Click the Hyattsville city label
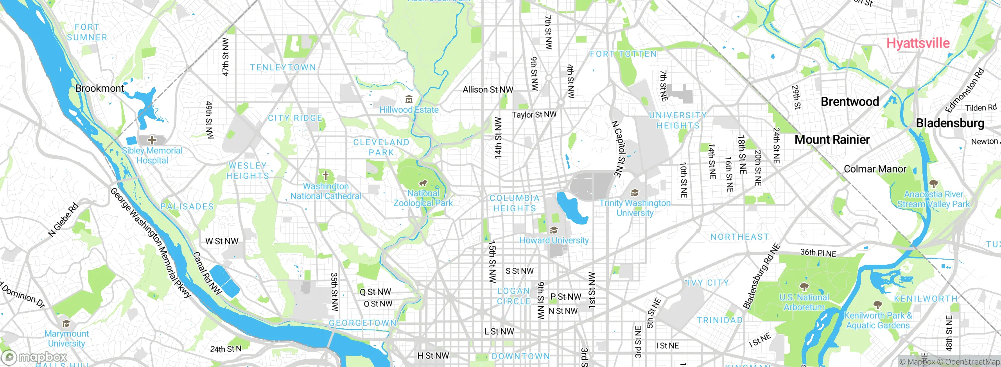tap(918, 43)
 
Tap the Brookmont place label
tap(99, 88)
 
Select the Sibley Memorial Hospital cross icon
tap(152, 140)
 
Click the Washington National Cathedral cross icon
tap(325, 175)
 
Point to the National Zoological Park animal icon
tap(423, 183)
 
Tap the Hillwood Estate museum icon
tap(409, 99)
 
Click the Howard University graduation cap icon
tap(554, 230)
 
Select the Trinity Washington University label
tap(635, 208)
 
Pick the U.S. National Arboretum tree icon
tap(804, 287)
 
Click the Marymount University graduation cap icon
tap(66, 323)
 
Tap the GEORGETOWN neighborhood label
tap(362, 323)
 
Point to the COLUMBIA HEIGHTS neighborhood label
tap(515, 203)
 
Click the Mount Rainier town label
tap(832, 139)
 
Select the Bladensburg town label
tap(950, 123)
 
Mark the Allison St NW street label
tap(488, 89)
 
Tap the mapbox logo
tap(34, 357)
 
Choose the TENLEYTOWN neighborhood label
tap(283, 67)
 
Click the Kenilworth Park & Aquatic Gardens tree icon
tap(877, 305)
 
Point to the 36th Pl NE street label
tap(818, 253)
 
